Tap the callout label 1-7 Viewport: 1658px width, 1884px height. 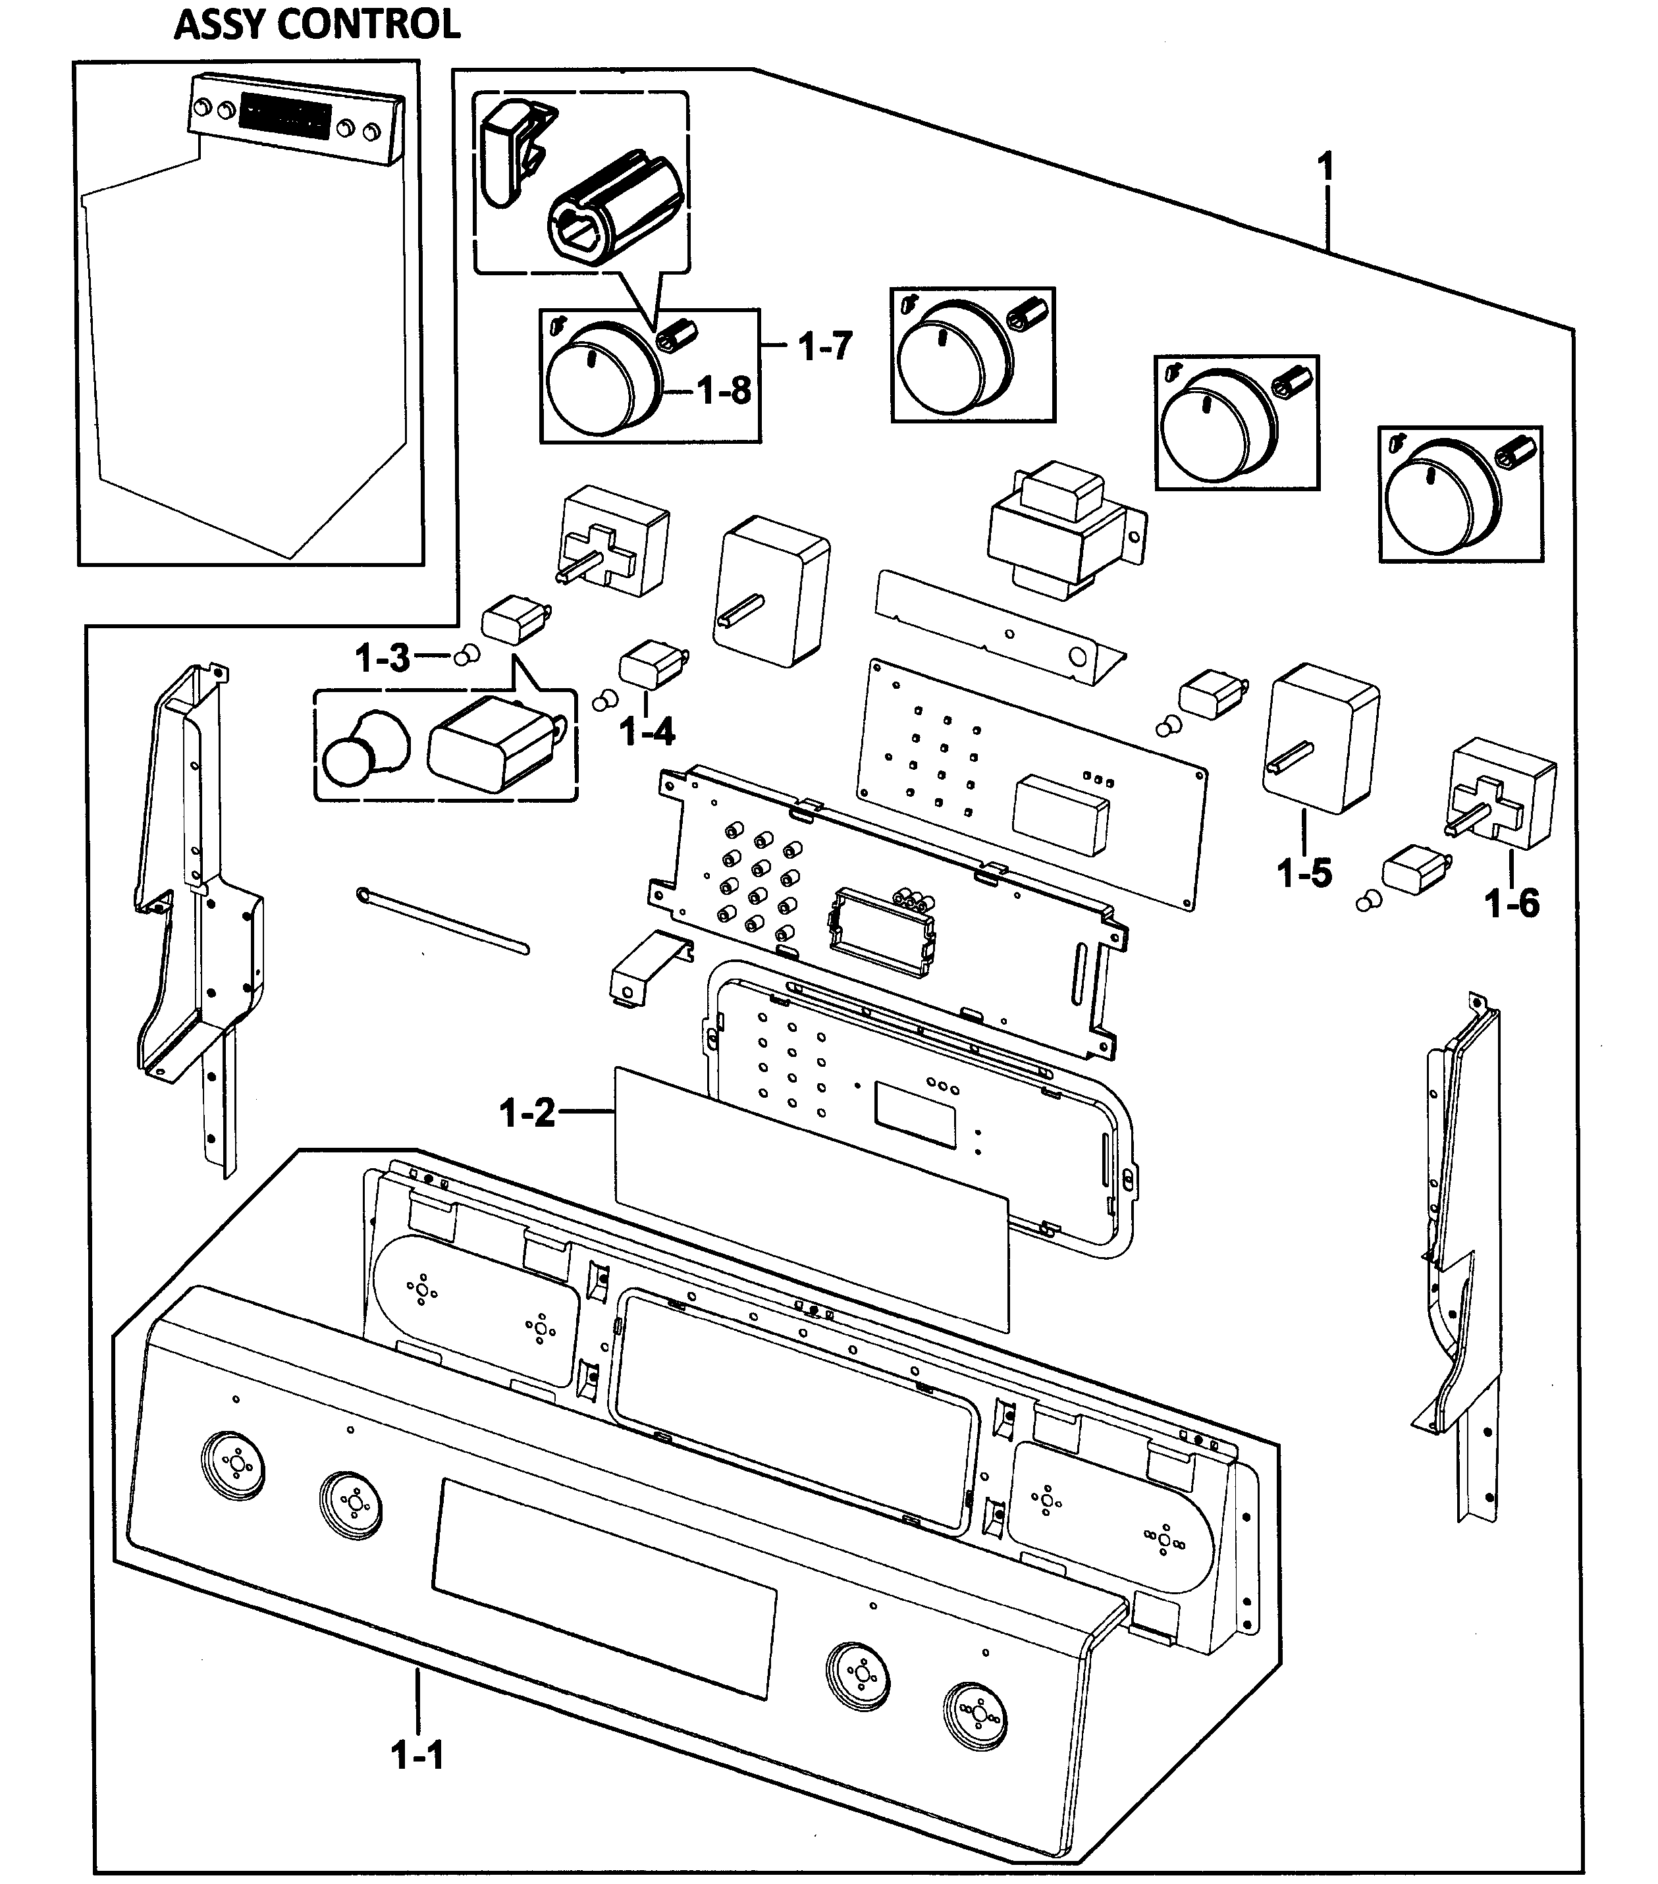[x=825, y=346]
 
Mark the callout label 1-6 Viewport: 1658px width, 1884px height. [x=1511, y=903]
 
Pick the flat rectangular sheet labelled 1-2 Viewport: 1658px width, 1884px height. [x=811, y=1198]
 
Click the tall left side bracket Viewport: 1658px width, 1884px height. [x=194, y=885]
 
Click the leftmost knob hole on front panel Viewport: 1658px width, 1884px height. [x=231, y=1464]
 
